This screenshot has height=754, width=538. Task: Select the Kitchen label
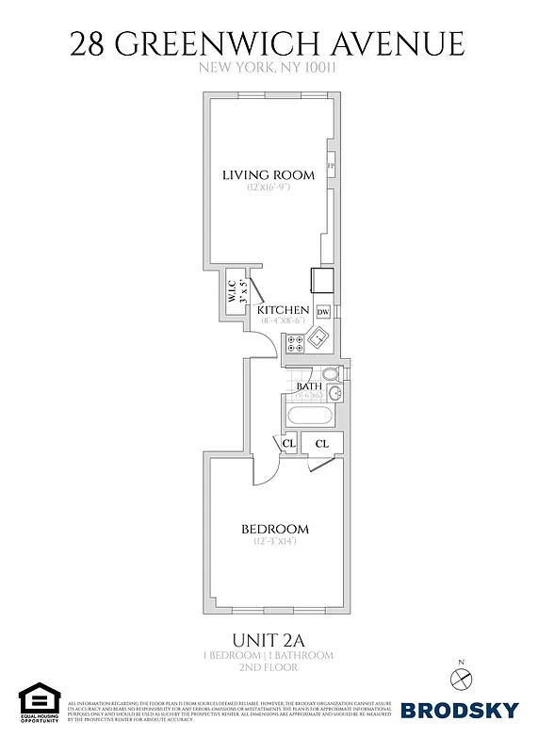tap(284, 309)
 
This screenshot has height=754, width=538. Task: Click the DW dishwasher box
tap(322, 312)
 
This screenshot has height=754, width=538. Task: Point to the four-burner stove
tap(294, 344)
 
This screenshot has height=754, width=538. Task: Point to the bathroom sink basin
tap(333, 393)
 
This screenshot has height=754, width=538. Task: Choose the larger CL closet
tap(321, 443)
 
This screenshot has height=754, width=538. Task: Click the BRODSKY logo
tap(461, 710)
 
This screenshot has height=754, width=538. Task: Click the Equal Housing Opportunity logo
tap(39, 705)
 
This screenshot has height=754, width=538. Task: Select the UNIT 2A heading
tap(269, 636)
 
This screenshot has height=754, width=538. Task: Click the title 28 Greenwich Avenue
tap(269, 43)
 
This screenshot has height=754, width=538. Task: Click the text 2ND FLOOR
tap(269, 667)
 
